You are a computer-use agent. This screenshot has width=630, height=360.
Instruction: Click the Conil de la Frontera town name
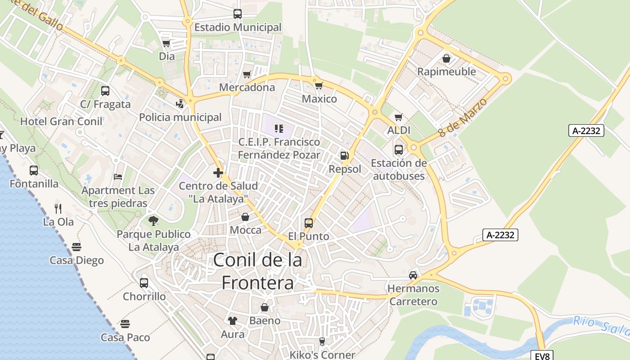[257, 271]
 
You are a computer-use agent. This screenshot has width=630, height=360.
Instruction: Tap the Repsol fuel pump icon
[344, 156]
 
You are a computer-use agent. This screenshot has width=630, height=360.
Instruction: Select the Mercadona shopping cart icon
[247, 74]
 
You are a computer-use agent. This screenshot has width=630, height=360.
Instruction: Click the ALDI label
[399, 130]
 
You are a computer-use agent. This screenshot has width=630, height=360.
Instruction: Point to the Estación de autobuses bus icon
[399, 149]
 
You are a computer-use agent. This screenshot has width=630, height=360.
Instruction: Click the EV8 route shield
[542, 355]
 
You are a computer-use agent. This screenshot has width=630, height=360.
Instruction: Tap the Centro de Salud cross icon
[218, 173]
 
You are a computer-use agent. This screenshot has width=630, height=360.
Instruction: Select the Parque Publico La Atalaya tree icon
[153, 220]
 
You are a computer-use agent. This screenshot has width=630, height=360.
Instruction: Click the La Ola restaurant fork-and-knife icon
[58, 208]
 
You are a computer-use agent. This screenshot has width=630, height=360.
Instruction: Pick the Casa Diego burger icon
[76, 247]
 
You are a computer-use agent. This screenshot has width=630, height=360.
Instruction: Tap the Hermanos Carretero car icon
[413, 275]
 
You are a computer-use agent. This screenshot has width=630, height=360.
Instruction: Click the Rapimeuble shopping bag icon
[446, 58]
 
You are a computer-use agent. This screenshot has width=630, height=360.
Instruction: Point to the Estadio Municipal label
[238, 27]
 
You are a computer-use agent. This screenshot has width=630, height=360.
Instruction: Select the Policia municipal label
[180, 117]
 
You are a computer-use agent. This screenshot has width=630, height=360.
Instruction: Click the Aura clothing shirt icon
[232, 320]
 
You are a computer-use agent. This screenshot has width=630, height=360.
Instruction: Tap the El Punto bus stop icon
[309, 223]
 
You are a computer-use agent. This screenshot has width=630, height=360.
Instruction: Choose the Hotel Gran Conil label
[61, 121]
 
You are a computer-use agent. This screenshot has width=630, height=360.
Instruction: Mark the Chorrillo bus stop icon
[144, 283]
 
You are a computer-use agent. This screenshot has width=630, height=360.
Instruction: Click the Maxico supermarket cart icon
[319, 85]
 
